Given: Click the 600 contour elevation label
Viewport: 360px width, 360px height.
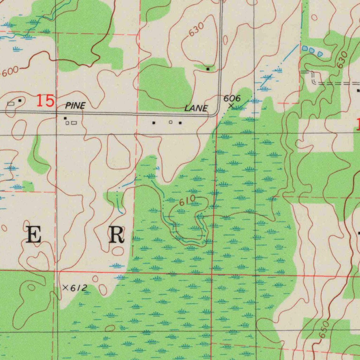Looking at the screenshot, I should [10, 72].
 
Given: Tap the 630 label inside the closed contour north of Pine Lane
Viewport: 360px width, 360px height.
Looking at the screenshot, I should [196, 30].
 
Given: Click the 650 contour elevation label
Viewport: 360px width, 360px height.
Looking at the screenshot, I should [324, 329].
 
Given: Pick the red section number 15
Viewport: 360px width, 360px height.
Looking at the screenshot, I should [46, 101].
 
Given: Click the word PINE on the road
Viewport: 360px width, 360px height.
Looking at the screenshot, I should [75, 105].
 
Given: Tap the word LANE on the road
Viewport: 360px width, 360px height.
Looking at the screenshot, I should [196, 108].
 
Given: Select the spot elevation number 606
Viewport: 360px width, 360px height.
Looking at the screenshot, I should [232, 98].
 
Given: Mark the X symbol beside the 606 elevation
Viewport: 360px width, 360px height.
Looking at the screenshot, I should [231, 105].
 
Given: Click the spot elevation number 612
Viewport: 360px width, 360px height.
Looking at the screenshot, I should [78, 288].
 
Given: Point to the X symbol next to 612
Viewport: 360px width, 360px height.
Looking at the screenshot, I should [65, 288].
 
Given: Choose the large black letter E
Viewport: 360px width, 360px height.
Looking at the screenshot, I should [34, 235].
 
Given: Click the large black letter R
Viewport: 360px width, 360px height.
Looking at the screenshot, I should [116, 235].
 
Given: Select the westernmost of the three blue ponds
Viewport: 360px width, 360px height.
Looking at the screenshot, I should [305, 48].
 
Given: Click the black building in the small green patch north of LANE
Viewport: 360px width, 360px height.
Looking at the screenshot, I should [208, 69].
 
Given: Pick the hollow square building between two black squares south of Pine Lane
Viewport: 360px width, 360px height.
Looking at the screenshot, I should [171, 122].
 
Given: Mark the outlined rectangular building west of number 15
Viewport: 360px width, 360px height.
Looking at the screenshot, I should [11, 103].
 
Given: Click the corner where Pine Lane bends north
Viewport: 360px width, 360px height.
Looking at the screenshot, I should [218, 114].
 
